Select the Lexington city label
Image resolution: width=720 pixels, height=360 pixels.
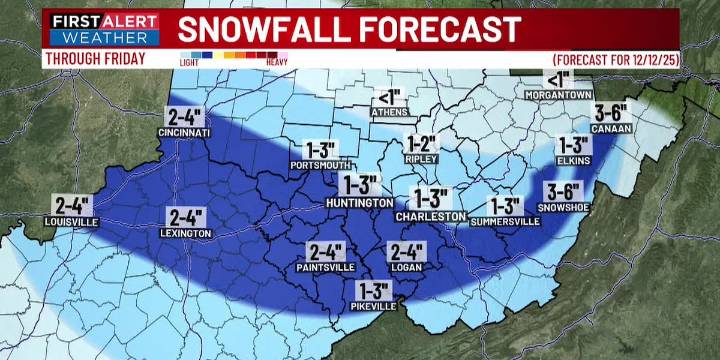186,233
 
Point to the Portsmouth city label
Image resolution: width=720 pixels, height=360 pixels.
317,164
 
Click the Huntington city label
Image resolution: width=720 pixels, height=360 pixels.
359,203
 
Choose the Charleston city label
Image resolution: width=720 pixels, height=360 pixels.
431,215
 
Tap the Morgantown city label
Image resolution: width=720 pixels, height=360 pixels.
556,96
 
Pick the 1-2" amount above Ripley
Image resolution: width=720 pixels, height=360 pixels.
422,141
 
